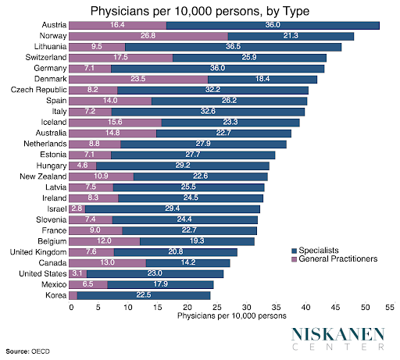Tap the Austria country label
(x=52, y=26)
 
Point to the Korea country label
(x=54, y=295)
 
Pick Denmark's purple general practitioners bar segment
(x=137, y=79)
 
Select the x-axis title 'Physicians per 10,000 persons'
(x=232, y=315)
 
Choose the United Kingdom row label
(x=38, y=251)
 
